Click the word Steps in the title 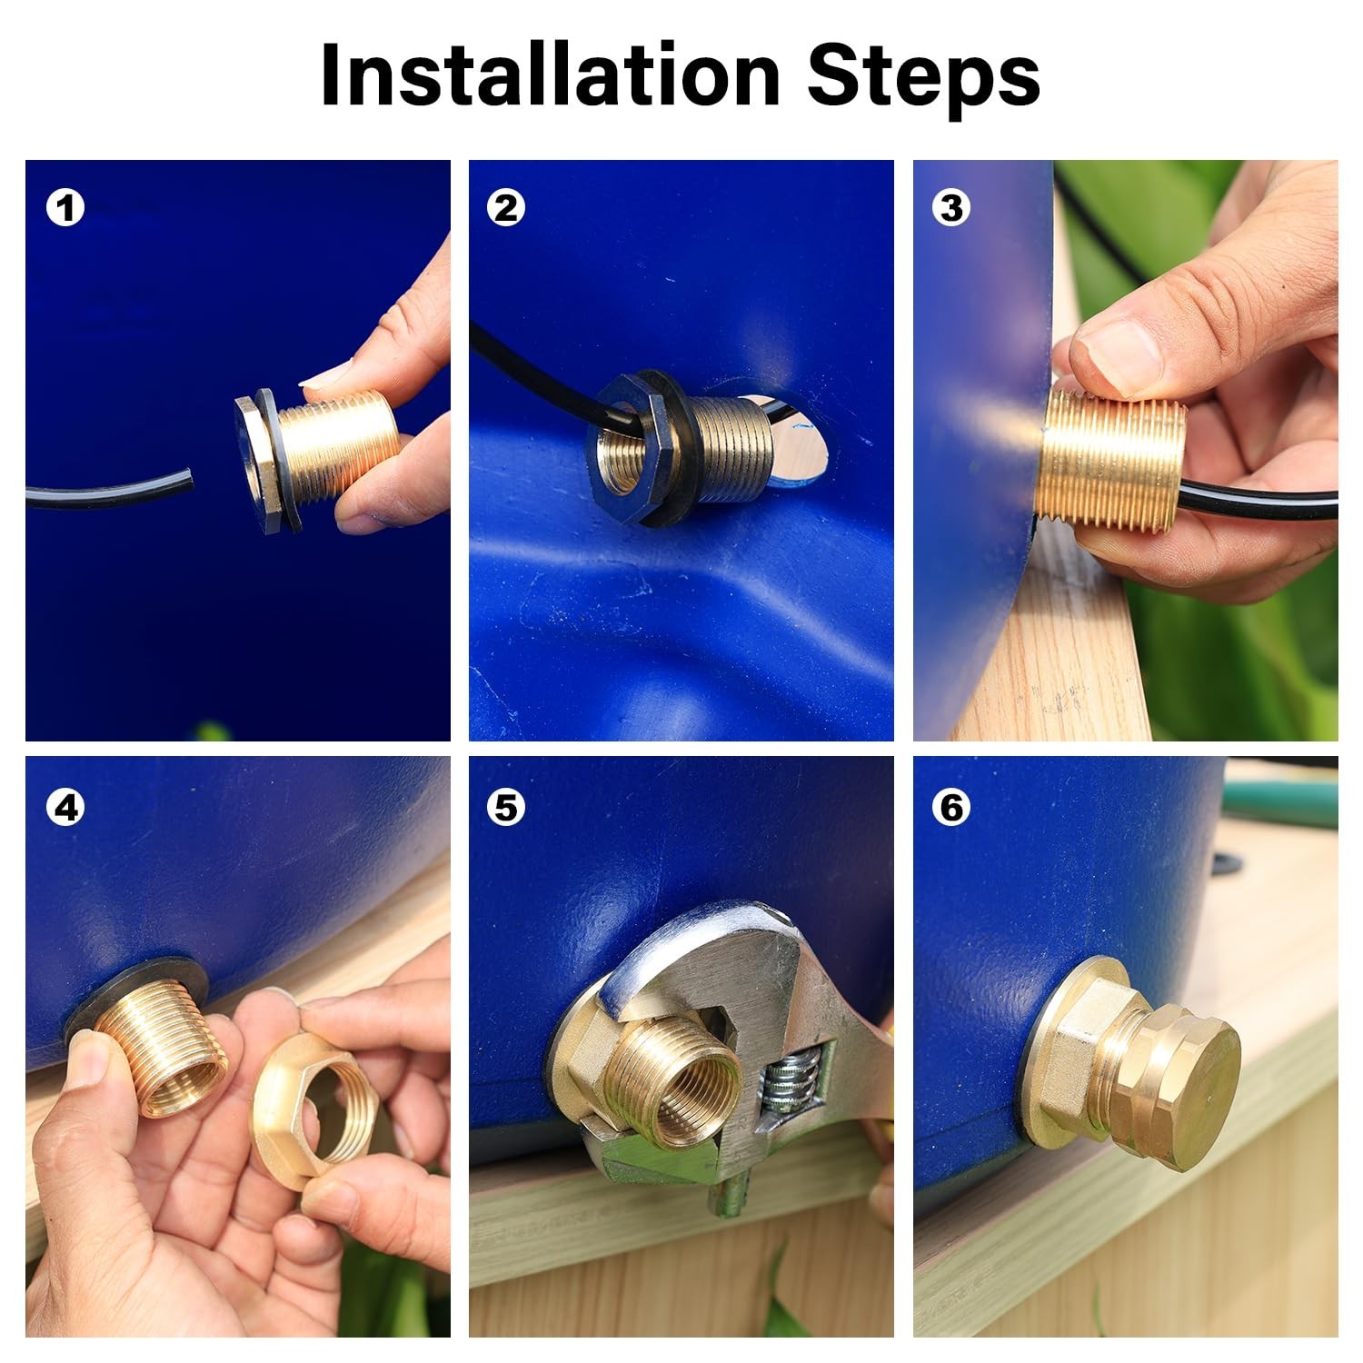point(923,80)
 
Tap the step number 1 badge point(65,208)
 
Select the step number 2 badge point(506,208)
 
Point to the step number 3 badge point(951,208)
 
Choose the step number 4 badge point(65,807)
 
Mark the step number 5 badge point(506,807)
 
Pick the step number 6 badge point(951,807)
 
